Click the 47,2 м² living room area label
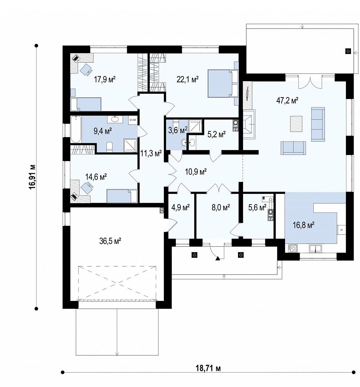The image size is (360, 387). coord(287,101)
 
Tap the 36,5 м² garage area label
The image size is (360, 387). coord(110,241)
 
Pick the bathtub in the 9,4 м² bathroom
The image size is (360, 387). coord(76,129)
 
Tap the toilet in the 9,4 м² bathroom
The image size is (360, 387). coord(109,147)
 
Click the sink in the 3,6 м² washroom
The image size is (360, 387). coord(184,142)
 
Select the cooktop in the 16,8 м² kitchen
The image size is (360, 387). coord(293,248)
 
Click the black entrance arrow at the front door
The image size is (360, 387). coord(217,258)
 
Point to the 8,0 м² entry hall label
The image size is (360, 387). coord(221,207)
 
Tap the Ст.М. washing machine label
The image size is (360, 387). coord(133,120)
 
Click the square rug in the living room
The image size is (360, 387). coord(296,124)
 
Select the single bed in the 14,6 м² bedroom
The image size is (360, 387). coord(122,196)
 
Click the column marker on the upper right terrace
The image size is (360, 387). coord(348,51)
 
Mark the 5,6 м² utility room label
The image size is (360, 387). coord(257,207)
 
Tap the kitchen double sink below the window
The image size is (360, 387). coord(315,249)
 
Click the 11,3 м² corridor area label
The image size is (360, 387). coord(151,154)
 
